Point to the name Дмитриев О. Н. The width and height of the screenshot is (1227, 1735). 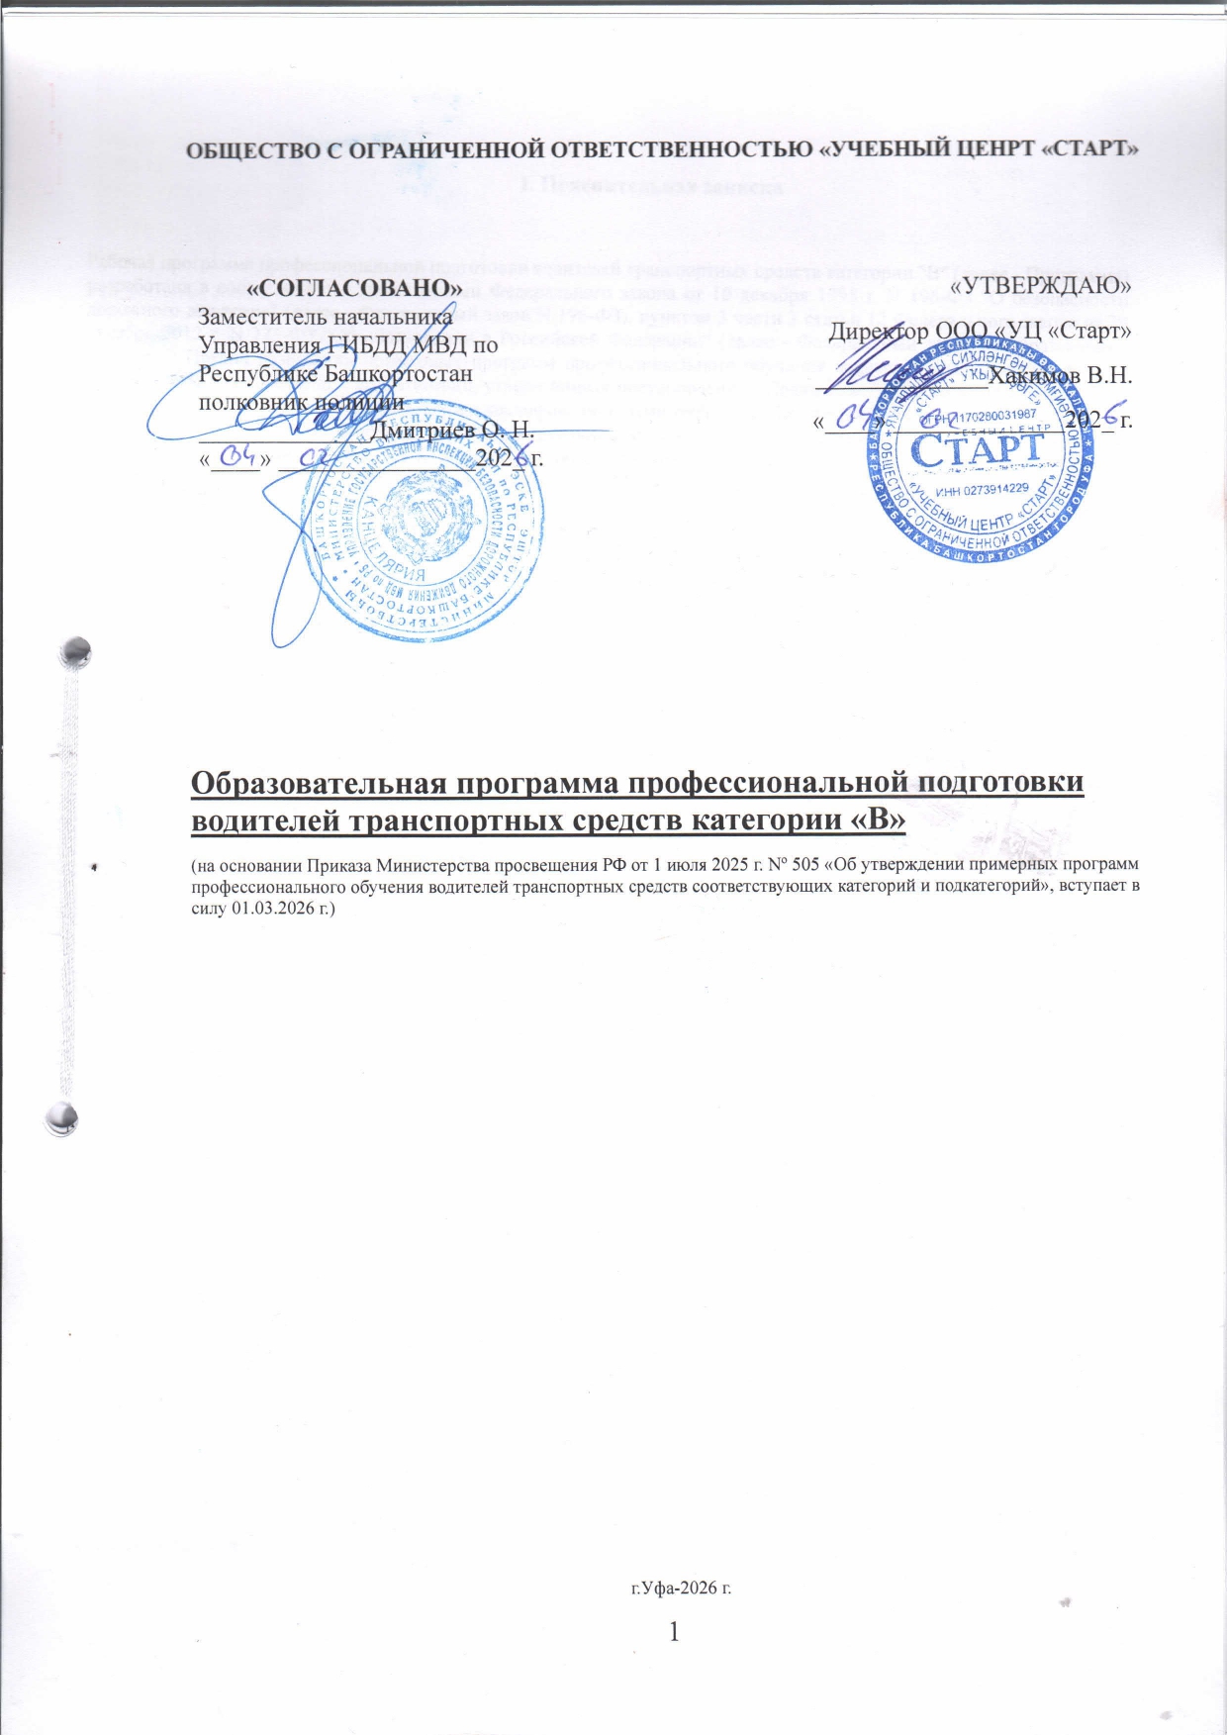coord(451,432)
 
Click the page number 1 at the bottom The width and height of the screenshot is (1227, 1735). coord(675,1631)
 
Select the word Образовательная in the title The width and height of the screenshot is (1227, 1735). coord(327,782)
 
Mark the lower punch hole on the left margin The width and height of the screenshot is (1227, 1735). coord(64,1118)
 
